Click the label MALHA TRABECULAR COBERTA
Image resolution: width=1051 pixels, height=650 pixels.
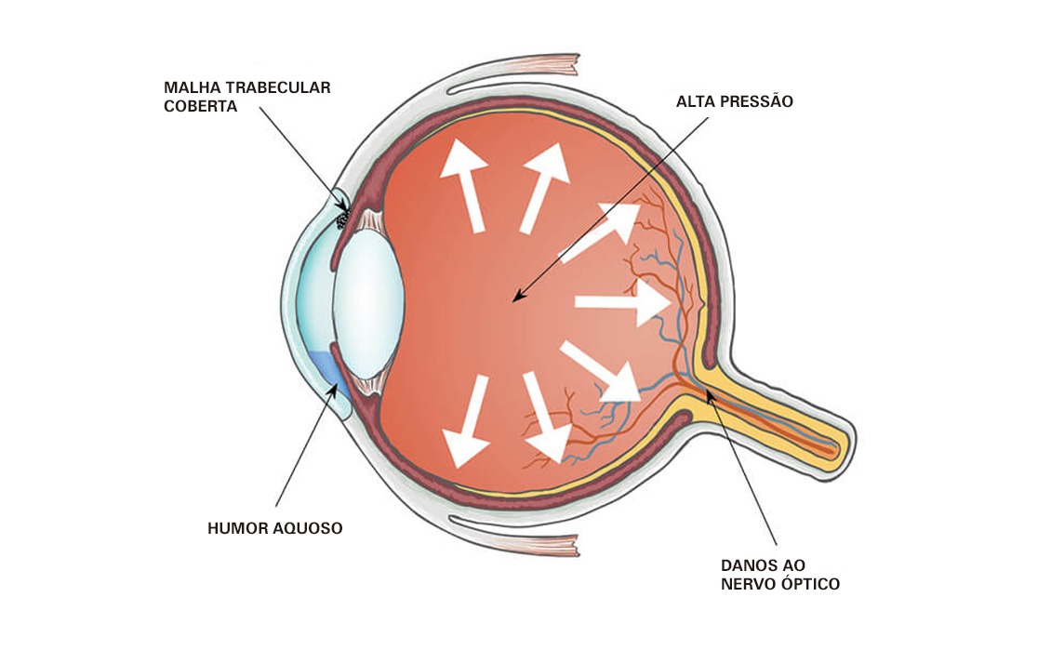(x=246, y=97)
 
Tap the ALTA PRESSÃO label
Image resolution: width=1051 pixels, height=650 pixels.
(x=734, y=101)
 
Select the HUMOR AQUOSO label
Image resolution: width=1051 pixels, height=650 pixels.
(x=274, y=528)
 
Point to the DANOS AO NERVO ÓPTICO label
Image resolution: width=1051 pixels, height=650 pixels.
(x=779, y=575)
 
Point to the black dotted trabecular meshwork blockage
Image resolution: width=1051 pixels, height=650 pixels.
(x=343, y=220)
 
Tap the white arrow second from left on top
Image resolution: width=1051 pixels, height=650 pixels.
(x=546, y=186)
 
